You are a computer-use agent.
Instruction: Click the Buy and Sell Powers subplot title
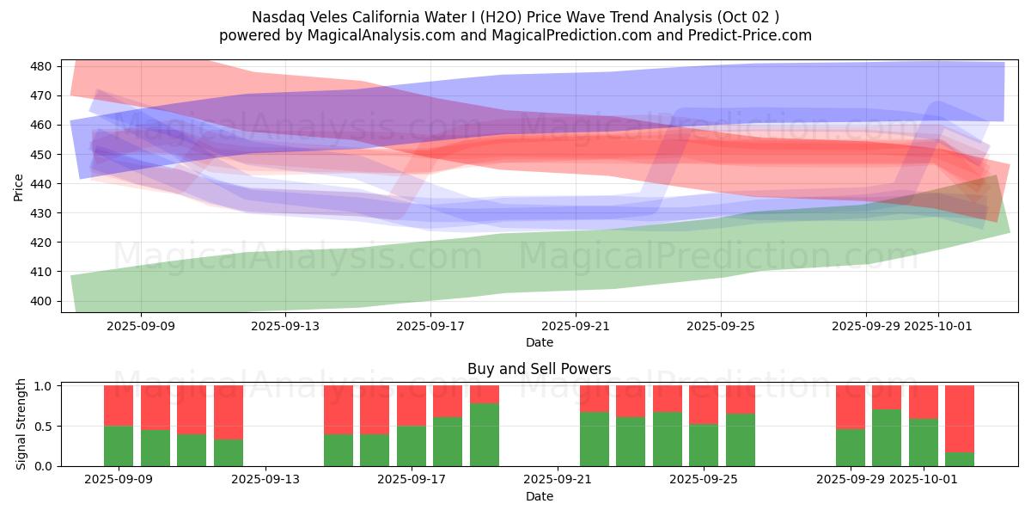click(x=539, y=369)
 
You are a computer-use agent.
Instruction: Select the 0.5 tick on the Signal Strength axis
click(x=46, y=426)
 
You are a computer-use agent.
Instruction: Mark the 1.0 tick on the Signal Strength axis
click(x=46, y=385)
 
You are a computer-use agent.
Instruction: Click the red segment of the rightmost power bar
click(x=960, y=418)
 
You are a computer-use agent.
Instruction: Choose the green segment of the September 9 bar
click(x=119, y=445)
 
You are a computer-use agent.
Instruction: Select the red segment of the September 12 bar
click(x=229, y=412)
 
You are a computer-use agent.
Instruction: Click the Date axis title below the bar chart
click(x=539, y=496)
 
